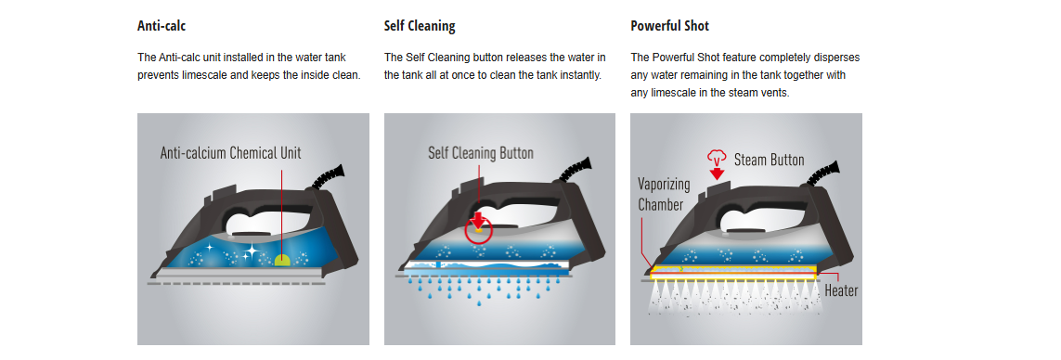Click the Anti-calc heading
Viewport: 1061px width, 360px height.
click(161, 26)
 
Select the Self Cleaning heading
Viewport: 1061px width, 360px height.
click(420, 26)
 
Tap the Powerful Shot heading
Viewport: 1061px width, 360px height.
click(670, 26)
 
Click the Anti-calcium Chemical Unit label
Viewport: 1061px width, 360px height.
click(231, 153)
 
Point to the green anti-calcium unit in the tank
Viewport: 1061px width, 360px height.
click(282, 259)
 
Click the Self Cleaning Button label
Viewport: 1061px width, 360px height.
click(481, 153)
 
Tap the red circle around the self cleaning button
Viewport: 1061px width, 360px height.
click(479, 230)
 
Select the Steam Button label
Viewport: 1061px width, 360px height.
click(770, 160)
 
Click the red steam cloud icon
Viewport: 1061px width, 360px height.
click(717, 157)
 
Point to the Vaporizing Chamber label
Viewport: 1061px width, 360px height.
click(664, 194)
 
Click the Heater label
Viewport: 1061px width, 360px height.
click(841, 291)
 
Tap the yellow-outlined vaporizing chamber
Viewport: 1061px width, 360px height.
click(732, 272)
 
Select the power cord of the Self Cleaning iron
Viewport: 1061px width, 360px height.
click(576, 171)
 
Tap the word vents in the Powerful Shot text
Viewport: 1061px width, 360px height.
click(774, 92)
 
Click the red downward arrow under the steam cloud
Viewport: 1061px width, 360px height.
click(718, 174)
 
